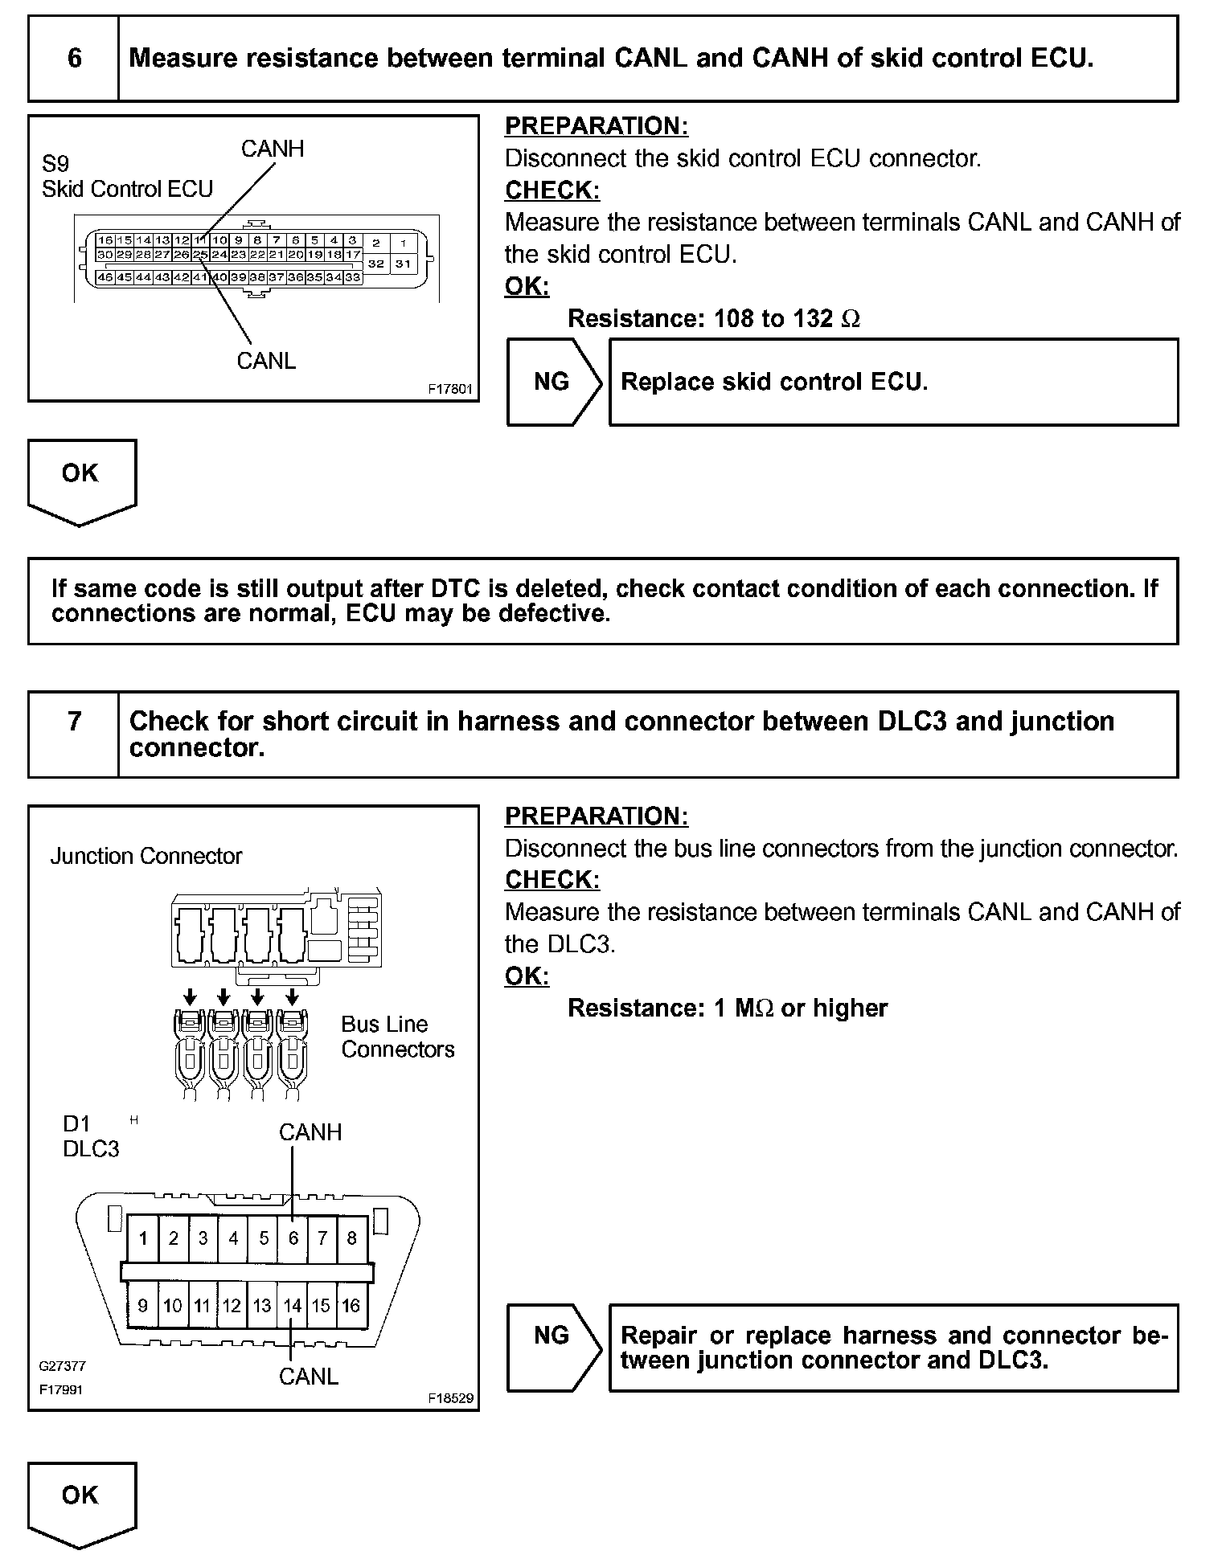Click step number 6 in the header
(74, 59)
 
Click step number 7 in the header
(74, 721)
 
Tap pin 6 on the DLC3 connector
(293, 1238)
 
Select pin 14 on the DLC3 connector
(292, 1305)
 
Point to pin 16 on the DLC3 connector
(351, 1305)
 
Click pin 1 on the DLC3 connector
(143, 1238)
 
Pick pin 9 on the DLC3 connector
(143, 1305)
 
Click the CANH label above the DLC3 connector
(310, 1132)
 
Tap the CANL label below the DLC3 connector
(309, 1377)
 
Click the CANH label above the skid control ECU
(273, 149)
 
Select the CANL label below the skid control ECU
(266, 361)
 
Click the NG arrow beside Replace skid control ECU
(552, 382)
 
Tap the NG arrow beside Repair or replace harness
(552, 1336)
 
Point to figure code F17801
(451, 389)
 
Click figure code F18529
(451, 1398)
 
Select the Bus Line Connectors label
(397, 1037)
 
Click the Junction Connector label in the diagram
(146, 856)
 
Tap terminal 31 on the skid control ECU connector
(403, 264)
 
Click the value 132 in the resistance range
(813, 318)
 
